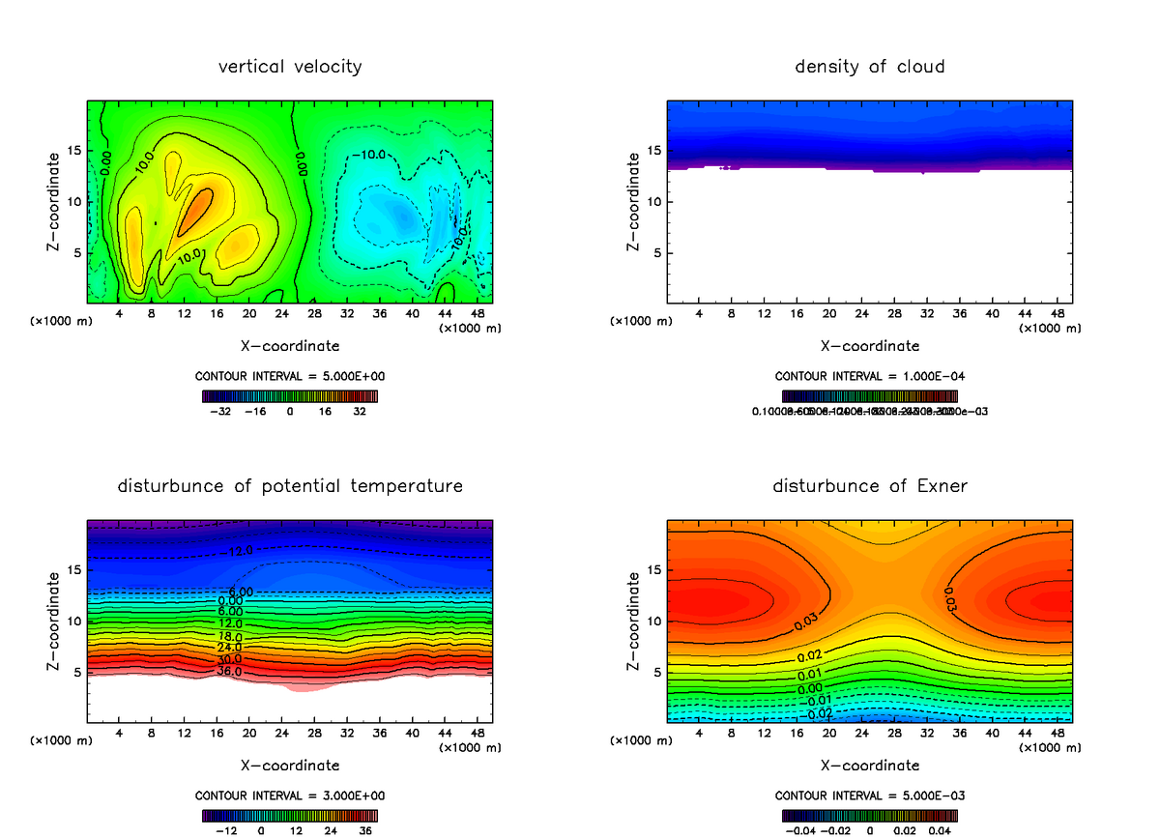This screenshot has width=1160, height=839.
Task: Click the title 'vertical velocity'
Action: pyautogui.click(x=290, y=67)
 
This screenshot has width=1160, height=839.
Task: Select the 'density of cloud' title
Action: pyautogui.click(x=869, y=67)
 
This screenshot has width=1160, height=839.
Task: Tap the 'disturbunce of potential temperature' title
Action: pyautogui.click(x=290, y=485)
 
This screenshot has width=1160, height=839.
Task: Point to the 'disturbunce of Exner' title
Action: pyautogui.click(x=869, y=485)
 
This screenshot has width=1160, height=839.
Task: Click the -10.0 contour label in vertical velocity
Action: pyautogui.click(x=368, y=155)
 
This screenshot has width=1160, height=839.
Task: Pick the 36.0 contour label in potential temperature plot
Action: pyautogui.click(x=229, y=671)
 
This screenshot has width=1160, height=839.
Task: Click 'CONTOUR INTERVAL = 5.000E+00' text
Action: pyautogui.click(x=290, y=376)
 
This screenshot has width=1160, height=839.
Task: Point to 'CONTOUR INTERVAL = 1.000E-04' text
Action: pyautogui.click(x=869, y=376)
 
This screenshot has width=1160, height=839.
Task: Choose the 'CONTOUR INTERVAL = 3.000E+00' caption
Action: pyautogui.click(x=290, y=796)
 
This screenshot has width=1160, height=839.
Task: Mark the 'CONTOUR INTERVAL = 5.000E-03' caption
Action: pyautogui.click(x=869, y=796)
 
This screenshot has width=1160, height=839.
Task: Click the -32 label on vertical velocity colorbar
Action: pyautogui.click(x=222, y=411)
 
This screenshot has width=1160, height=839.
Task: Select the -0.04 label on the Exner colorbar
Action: pyautogui.click(x=798, y=829)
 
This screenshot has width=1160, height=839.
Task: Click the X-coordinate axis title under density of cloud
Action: pyautogui.click(x=869, y=346)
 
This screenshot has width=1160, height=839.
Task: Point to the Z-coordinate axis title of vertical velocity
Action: pyautogui.click(x=54, y=203)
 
